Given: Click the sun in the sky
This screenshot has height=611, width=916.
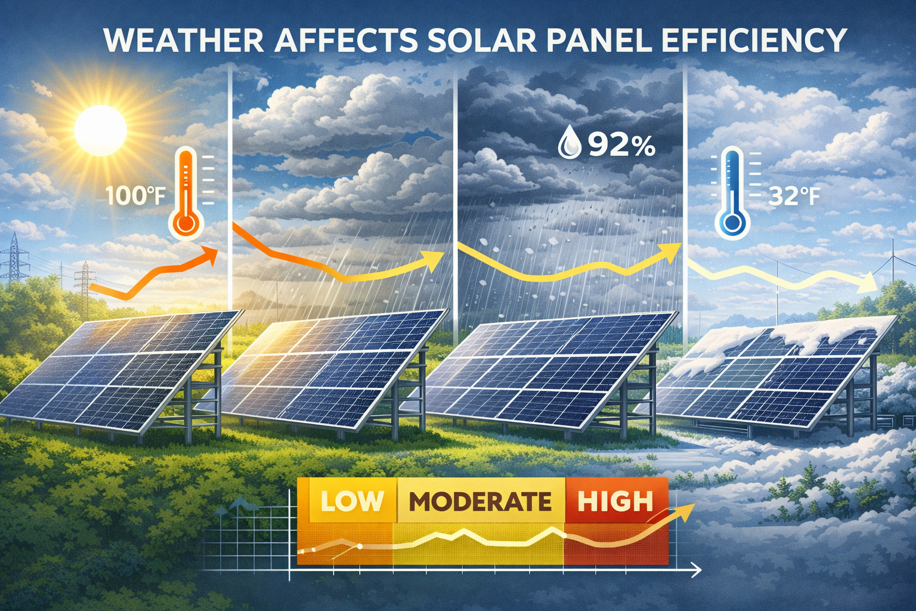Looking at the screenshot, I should point(100,128).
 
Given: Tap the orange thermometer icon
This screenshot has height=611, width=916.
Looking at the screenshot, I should point(186,194).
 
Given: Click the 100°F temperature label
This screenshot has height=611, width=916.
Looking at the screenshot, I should point(134,196).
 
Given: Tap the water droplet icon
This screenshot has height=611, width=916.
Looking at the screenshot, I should point(570,144).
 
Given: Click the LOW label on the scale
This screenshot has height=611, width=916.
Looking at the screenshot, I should point(351,501).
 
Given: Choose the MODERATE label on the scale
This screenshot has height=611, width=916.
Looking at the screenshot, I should point(481,502).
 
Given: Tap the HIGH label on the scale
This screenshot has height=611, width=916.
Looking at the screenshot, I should point(615,501).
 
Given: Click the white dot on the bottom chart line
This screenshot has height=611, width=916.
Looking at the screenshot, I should point(360,546).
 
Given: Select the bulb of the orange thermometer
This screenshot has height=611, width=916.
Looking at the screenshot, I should point(186,224).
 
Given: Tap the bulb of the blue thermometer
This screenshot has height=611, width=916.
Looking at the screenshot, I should point(731,223).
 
